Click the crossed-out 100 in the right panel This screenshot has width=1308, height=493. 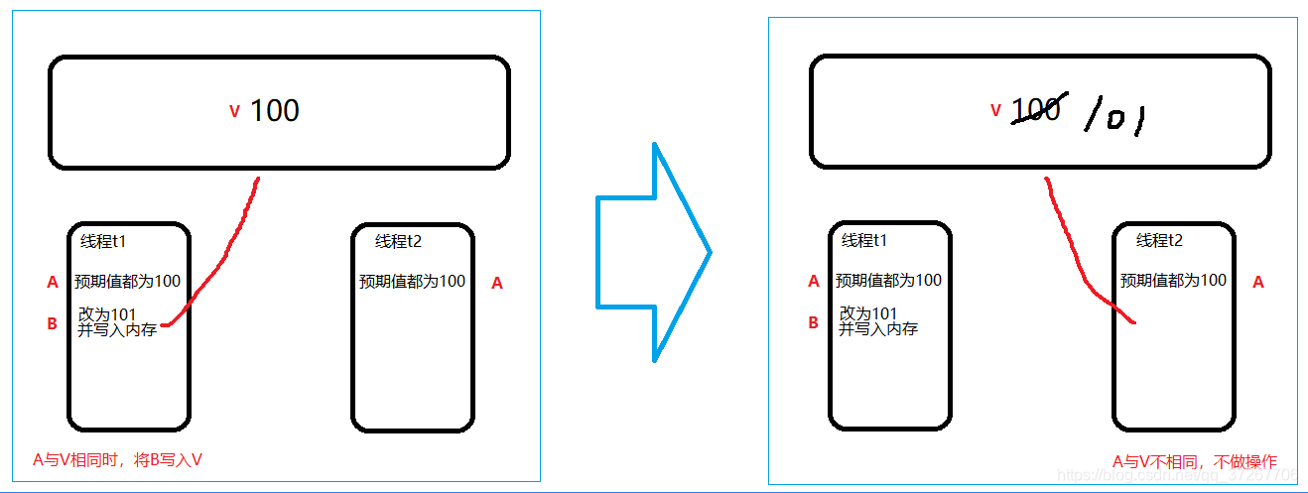pyautogui.click(x=1037, y=108)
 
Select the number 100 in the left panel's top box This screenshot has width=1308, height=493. pyautogui.click(x=275, y=110)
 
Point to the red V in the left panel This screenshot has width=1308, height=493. pyautogui.click(x=234, y=111)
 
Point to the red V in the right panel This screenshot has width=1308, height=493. pyautogui.click(x=995, y=110)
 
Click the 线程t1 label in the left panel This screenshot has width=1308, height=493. pyautogui.click(x=103, y=240)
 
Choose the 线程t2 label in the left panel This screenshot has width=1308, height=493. pyautogui.click(x=398, y=241)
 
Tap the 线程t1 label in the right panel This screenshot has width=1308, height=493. pyautogui.click(x=864, y=240)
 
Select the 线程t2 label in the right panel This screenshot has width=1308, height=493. pyautogui.click(x=1159, y=240)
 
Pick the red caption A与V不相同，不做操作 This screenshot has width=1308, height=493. pyautogui.click(x=1194, y=461)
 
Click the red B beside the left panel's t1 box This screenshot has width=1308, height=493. pyautogui.click(x=53, y=323)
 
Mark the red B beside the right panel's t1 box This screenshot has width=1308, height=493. pyautogui.click(x=814, y=322)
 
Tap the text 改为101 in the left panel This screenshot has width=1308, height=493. pyautogui.click(x=107, y=314)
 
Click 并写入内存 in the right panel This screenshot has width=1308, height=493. pyautogui.click(x=878, y=329)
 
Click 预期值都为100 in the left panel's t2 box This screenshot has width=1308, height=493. pyautogui.click(x=412, y=281)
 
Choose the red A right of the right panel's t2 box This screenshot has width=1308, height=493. pyautogui.click(x=1258, y=282)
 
